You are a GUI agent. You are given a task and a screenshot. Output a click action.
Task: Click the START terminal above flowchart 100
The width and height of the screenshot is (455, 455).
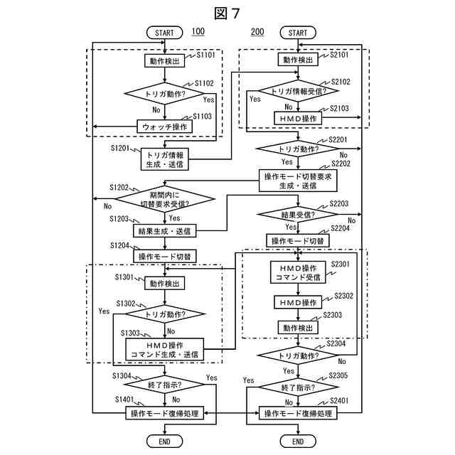(x=164, y=33)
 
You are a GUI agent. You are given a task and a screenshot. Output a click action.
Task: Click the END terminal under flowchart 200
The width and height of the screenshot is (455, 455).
(x=298, y=441)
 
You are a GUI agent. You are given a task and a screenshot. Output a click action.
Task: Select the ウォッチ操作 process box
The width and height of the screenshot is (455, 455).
(x=164, y=127)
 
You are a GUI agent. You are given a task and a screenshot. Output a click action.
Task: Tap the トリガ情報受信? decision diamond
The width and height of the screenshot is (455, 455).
(x=299, y=91)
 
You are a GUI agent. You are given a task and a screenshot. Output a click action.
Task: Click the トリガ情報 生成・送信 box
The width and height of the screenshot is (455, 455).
(x=164, y=159)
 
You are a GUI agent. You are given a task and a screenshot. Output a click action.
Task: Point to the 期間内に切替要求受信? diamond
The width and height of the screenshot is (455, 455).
(x=165, y=199)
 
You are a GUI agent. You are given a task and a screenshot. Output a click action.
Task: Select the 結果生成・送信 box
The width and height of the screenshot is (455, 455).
(x=164, y=231)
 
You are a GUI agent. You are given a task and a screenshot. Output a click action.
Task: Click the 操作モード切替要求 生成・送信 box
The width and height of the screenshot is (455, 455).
(x=298, y=181)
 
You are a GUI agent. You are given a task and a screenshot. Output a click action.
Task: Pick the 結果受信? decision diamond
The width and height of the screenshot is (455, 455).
(x=298, y=215)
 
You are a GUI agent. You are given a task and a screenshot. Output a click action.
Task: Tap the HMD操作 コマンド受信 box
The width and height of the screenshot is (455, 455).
(x=298, y=272)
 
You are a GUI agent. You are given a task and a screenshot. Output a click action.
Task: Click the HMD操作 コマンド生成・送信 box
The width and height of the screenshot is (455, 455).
(x=164, y=349)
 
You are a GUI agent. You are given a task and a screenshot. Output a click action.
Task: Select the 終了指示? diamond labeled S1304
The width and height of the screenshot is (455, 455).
(x=164, y=385)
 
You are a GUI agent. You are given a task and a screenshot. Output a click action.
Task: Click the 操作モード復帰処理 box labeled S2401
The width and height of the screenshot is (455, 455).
(x=298, y=413)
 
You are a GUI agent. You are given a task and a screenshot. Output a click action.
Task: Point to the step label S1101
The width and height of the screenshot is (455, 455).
(x=205, y=55)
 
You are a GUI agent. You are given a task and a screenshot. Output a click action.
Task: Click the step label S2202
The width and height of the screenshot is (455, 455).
(x=341, y=164)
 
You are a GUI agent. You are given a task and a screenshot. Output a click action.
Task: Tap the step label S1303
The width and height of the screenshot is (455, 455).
(x=130, y=333)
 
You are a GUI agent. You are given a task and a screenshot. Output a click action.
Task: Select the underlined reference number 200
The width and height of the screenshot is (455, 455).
(x=257, y=31)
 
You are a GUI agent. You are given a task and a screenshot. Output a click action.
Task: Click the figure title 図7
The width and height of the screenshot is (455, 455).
(x=227, y=14)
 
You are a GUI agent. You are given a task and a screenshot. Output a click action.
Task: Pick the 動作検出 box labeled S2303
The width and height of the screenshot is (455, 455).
(x=298, y=328)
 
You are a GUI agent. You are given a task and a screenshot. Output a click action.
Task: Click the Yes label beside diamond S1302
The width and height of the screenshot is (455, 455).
(x=104, y=311)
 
